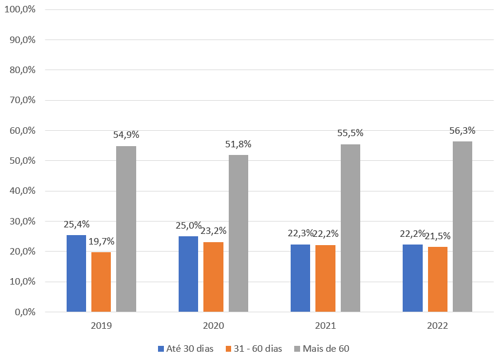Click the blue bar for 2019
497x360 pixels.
click(x=76, y=273)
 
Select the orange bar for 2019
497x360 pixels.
click(x=101, y=282)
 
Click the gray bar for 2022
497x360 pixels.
click(x=462, y=226)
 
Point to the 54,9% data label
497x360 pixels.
click(x=126, y=135)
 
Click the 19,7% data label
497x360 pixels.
click(x=101, y=241)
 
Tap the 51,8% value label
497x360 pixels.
click(x=238, y=144)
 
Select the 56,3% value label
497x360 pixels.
click(x=462, y=131)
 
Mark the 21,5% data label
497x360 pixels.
click(x=437, y=236)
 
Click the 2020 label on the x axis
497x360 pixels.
click(x=213, y=325)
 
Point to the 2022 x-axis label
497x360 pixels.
click(x=437, y=325)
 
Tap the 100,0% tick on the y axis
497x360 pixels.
click(x=20, y=10)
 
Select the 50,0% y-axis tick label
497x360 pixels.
click(x=22, y=161)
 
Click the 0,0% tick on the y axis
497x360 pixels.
click(x=25, y=312)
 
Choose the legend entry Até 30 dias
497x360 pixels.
click(x=186, y=348)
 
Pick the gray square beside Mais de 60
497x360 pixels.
click(x=298, y=348)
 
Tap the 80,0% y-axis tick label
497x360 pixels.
click(x=22, y=70)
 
